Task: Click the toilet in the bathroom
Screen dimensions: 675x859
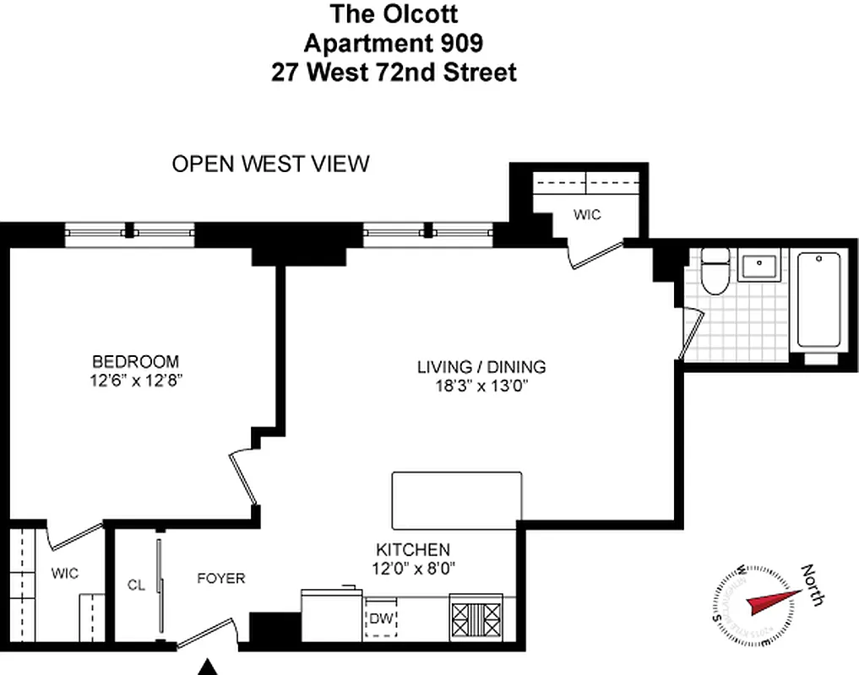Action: coord(715,272)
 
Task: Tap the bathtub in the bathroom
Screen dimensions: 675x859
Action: coord(818,301)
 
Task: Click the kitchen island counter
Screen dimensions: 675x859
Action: coord(456,500)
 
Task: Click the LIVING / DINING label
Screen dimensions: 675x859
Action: coord(481,367)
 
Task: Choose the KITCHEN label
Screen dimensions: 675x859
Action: coord(413,549)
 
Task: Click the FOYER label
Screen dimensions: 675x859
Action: coord(221,578)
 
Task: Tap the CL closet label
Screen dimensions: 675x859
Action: coord(137,584)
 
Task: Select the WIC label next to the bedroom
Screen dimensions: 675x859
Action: coord(64,574)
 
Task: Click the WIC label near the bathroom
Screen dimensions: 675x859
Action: coord(587,215)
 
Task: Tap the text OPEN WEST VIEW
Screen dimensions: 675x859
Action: coord(270,164)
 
